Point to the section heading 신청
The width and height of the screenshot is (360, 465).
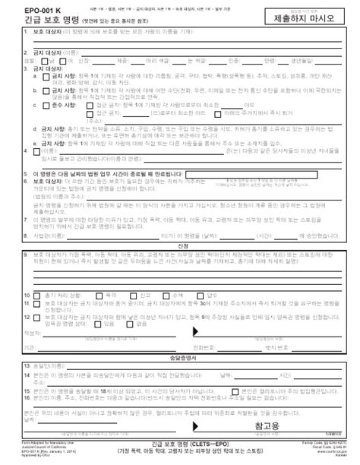tap(179, 246)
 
